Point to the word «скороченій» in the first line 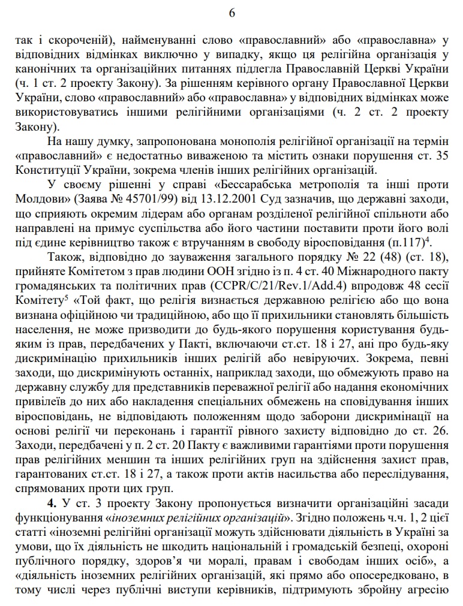coord(76,40)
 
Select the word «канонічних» coord(44,68)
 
